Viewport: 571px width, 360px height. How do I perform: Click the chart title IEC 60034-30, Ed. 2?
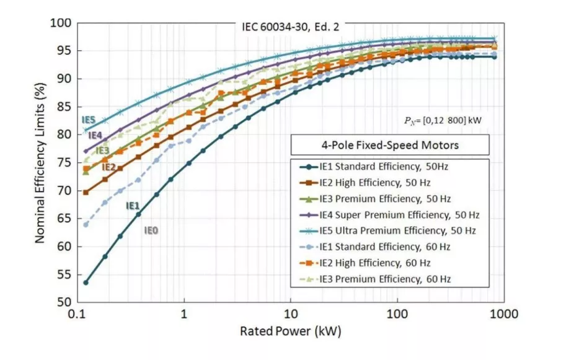(x=290, y=27)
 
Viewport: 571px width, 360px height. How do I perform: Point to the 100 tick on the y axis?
(x=64, y=23)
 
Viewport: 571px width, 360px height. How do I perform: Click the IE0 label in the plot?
(x=151, y=230)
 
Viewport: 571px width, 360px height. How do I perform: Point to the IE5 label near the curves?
(x=88, y=120)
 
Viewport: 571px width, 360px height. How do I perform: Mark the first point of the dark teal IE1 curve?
(x=86, y=283)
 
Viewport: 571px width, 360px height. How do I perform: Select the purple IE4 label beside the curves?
(x=95, y=135)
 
